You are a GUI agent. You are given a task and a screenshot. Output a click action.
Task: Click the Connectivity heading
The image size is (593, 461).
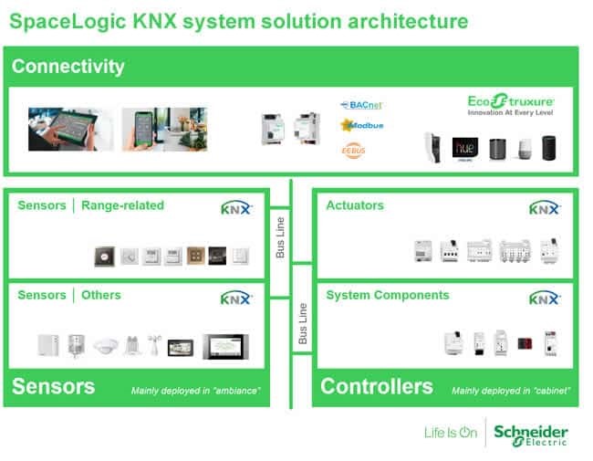68,67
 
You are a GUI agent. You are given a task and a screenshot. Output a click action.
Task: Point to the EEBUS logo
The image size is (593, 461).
354,149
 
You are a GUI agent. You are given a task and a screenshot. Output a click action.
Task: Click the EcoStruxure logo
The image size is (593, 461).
510,104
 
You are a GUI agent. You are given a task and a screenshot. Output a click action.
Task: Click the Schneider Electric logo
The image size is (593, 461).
529,435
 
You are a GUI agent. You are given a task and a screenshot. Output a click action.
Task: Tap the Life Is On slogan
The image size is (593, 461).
451,433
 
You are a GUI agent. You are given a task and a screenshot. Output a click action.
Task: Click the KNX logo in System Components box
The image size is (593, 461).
544,298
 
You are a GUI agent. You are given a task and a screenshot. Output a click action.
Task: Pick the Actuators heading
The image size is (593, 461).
355,205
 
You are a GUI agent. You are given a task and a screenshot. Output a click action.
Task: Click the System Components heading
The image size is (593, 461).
387,296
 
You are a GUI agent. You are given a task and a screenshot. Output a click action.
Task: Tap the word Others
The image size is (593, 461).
101,296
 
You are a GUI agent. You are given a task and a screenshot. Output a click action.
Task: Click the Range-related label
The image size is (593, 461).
122,205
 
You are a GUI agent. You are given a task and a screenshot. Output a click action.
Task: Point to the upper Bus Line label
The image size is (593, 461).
280,236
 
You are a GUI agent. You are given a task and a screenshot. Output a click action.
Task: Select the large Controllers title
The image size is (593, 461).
377,386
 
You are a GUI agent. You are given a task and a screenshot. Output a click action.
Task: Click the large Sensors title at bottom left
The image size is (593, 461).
54,386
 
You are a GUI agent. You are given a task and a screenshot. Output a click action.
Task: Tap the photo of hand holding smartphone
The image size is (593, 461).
165,129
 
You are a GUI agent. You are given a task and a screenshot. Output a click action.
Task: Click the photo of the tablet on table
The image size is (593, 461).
71,129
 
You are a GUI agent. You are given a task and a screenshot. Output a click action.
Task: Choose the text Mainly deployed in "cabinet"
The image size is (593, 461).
511,391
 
